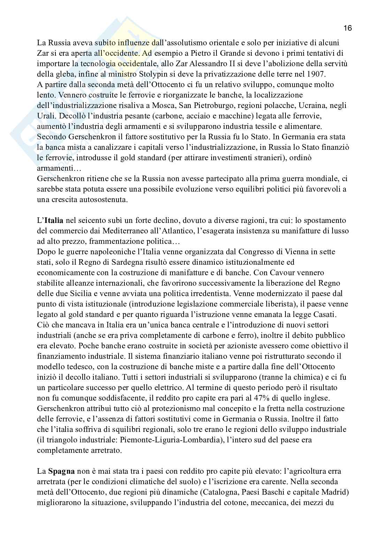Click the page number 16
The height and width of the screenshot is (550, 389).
348,28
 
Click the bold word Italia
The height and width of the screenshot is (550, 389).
53,220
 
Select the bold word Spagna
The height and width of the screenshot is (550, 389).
61,471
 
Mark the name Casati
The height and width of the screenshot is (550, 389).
324,314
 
